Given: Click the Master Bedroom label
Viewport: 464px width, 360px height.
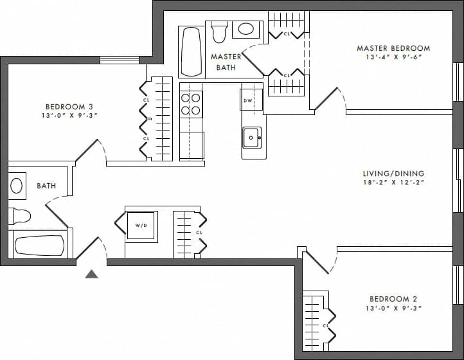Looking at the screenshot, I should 393,48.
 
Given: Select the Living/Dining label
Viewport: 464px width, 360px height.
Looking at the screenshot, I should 393,174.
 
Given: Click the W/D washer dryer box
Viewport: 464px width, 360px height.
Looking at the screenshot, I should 140,226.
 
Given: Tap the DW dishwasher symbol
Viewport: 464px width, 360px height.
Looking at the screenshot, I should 247,100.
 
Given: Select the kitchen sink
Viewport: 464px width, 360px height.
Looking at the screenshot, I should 251,137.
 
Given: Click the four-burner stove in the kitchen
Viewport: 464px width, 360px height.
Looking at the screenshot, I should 191,104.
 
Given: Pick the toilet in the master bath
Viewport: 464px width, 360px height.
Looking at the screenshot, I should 219,31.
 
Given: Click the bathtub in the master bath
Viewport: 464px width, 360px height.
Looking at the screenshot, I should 191,51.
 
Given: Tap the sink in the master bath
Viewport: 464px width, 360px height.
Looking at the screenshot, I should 245,29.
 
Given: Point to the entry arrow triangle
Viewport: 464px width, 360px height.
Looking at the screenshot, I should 92,274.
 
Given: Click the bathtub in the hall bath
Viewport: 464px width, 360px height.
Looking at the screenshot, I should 40,246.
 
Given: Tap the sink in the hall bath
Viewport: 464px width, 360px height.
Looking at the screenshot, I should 17,185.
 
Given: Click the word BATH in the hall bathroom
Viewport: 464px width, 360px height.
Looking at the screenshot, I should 46,186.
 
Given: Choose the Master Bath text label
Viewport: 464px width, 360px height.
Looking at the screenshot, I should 226,62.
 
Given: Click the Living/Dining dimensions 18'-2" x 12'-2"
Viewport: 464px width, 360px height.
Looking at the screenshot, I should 393,183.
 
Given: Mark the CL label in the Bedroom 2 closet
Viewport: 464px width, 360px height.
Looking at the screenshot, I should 326,325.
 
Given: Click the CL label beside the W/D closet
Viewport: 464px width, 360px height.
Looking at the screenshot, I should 199,232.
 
